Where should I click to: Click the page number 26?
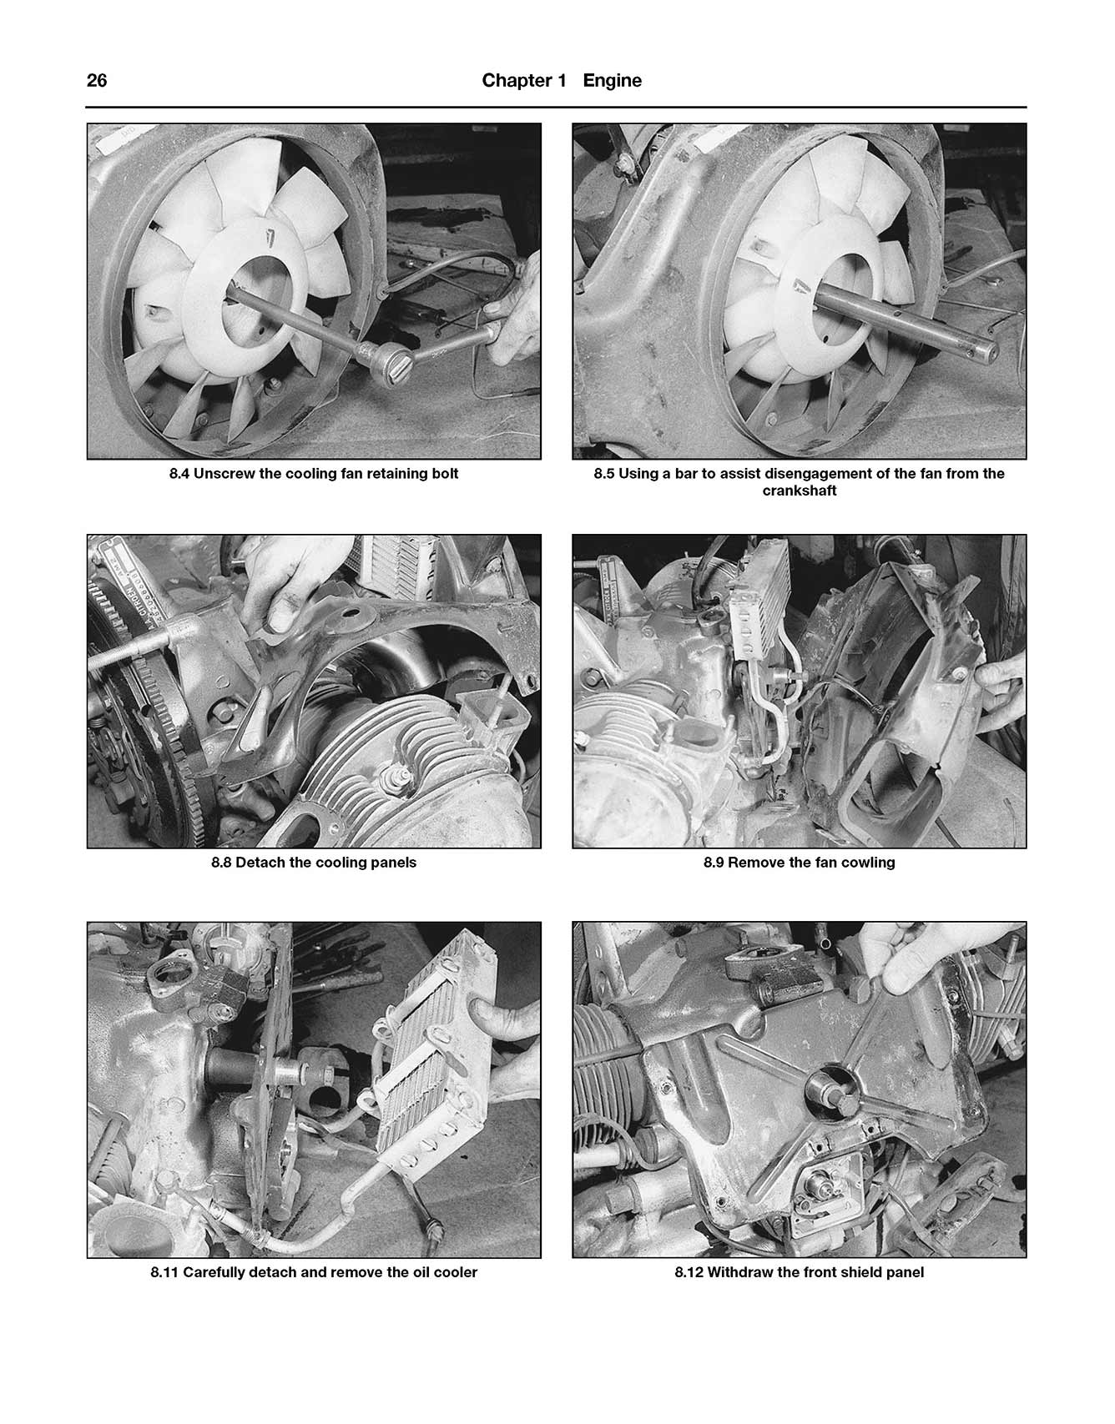click(97, 81)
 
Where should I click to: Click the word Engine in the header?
click(612, 81)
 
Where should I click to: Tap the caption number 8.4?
click(179, 474)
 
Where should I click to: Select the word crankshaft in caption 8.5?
click(799, 491)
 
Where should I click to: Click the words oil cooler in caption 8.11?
click(441, 1272)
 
